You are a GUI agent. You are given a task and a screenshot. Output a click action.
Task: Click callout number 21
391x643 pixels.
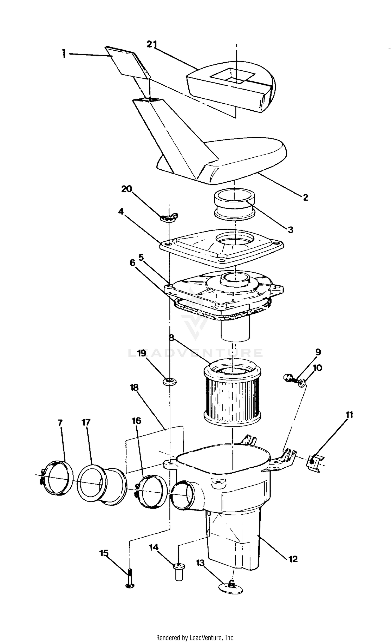click(151, 44)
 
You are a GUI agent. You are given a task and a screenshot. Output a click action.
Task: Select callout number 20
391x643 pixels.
click(127, 189)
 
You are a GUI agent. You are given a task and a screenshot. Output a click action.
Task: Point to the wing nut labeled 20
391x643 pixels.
click(169, 217)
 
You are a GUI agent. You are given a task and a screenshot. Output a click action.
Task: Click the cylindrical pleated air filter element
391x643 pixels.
click(232, 395)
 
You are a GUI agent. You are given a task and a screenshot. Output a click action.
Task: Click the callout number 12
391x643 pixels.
click(293, 559)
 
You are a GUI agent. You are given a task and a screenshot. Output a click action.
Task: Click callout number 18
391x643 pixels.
click(134, 388)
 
